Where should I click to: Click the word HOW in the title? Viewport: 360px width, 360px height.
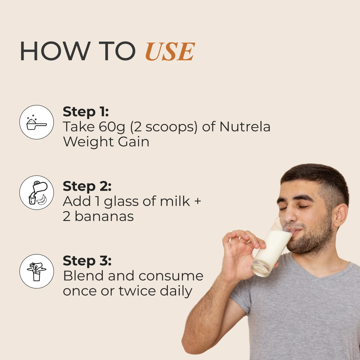[55, 51]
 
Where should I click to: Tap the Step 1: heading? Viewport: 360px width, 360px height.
[86, 112]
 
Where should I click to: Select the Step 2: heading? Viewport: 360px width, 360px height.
[87, 186]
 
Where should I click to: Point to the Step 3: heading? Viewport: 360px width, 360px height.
[87, 261]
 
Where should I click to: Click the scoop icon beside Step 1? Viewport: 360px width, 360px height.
[37, 122]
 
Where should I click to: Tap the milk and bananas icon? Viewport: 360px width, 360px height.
[37, 193]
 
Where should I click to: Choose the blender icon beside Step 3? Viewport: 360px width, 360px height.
[37, 271]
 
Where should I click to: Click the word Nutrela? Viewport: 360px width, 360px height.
[245, 127]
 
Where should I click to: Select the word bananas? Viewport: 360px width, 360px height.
[104, 216]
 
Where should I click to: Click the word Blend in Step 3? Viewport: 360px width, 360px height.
[83, 276]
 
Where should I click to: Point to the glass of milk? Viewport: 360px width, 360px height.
[272, 248]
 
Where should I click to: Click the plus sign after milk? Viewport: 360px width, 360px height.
[197, 201]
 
